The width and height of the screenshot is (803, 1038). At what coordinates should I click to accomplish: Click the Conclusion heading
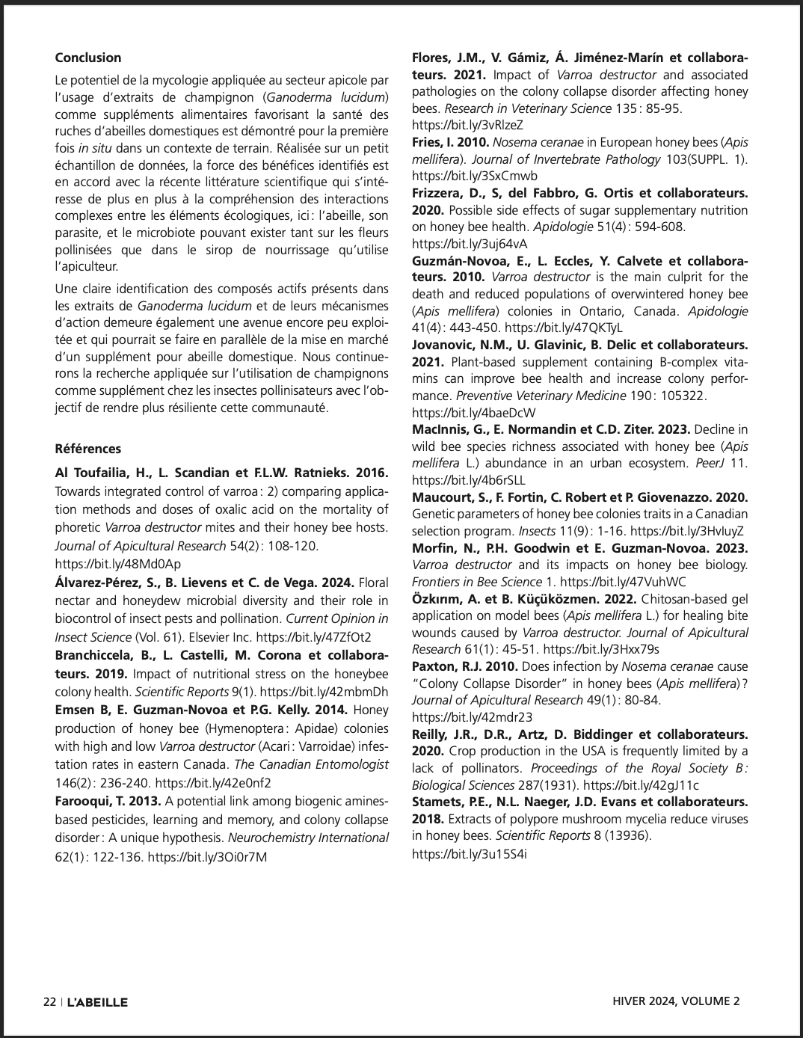87,58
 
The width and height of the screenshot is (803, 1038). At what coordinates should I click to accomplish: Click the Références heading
87,449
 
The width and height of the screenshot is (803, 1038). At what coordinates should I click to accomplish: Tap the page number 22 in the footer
49,1002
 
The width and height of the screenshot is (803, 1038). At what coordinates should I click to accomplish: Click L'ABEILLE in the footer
97,1002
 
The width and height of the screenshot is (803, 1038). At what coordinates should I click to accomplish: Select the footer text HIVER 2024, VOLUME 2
676,1001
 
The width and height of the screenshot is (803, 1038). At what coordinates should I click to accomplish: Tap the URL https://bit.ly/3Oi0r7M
207,857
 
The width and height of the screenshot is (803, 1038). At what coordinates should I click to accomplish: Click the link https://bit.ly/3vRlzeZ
467,125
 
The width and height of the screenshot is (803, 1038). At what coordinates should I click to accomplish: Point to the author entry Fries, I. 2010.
450,142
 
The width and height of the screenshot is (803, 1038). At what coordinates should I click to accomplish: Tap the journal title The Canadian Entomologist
311,764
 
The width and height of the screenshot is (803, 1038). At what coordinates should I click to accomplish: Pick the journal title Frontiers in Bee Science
476,582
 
